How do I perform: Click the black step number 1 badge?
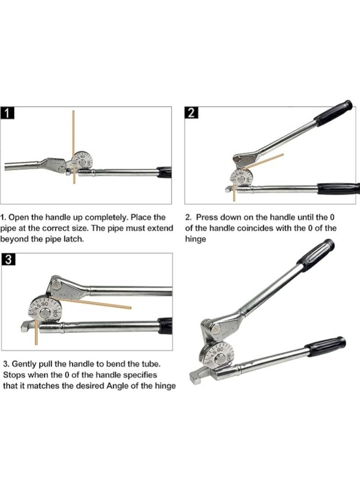(x=8, y=112)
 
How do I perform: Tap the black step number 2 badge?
(x=191, y=112)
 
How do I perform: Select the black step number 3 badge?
(x=8, y=259)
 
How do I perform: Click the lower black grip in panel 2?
(x=337, y=188)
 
